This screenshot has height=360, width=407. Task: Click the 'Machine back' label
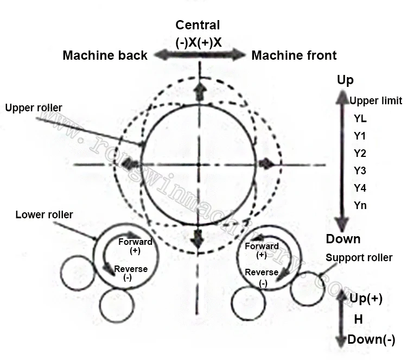tap(105, 55)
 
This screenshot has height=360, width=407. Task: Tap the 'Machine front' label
tap(294, 55)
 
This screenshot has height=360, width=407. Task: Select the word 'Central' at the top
tap(198, 25)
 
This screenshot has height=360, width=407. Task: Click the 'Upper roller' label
tap(34, 108)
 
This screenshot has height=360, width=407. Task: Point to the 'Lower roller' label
tap(44, 214)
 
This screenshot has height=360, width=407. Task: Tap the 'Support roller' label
tap(359, 257)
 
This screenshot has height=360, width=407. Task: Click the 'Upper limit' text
tap(376, 100)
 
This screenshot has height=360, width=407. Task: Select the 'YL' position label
tap(360, 118)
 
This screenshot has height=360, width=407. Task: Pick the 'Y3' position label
tap(360, 171)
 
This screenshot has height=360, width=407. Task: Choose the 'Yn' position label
tap(360, 206)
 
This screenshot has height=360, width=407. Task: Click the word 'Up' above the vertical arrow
tap(345, 80)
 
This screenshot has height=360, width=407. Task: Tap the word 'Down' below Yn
tap(343, 239)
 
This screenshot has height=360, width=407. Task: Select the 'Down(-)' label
tap(371, 340)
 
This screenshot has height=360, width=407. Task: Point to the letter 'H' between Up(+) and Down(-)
tap(358, 320)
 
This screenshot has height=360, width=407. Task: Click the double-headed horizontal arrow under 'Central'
tap(200, 54)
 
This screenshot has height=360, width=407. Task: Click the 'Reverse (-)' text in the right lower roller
tap(262, 277)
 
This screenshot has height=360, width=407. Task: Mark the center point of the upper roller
tap(200, 163)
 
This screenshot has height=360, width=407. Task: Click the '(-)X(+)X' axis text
tap(199, 42)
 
